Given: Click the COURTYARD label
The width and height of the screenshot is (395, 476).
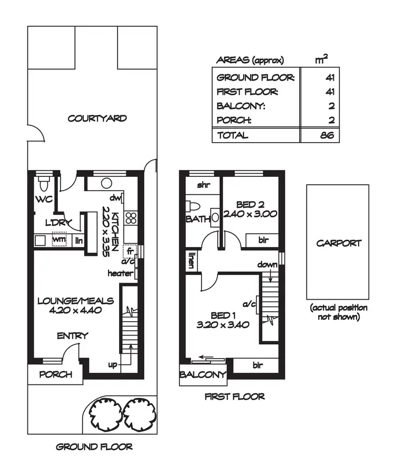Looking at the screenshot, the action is (97, 118).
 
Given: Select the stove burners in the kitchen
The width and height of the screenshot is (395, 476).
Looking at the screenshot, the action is (131, 219).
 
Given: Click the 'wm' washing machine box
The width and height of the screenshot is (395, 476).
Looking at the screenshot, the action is (59, 240).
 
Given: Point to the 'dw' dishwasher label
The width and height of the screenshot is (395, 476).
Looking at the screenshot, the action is (116, 198).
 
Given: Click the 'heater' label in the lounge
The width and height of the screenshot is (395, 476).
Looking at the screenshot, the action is (120, 273).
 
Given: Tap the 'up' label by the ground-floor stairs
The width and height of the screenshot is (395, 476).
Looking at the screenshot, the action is (113, 364).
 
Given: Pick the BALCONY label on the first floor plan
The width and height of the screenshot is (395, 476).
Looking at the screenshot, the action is (203, 375).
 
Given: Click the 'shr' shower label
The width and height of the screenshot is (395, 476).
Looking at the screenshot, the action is (203, 185).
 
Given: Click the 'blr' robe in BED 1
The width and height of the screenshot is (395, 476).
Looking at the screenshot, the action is (258, 365).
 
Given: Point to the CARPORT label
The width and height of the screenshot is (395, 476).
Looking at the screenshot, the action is (339, 243).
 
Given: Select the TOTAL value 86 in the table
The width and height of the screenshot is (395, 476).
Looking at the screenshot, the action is (327, 135).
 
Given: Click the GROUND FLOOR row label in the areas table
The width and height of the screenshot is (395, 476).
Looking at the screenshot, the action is (256, 78).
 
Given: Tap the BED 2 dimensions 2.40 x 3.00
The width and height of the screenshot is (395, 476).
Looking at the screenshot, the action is (249, 214).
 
